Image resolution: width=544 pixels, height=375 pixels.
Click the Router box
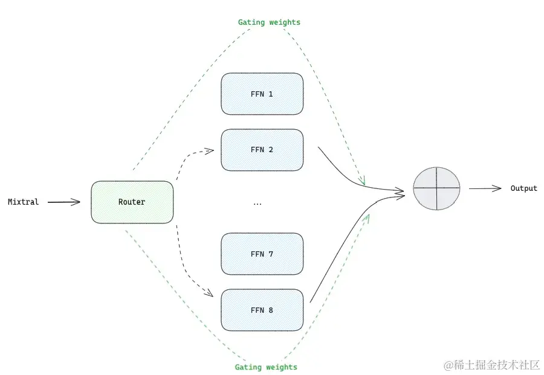(132, 202)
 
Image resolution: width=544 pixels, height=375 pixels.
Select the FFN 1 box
(262, 94)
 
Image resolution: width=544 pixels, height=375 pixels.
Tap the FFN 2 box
(262, 150)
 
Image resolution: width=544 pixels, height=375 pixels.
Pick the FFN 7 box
(262, 254)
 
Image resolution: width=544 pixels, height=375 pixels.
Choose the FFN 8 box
(262, 310)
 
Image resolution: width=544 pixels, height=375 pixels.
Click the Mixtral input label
(23, 202)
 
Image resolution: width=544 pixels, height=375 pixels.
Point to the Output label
(523, 188)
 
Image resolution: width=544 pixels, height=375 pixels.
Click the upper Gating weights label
(269, 22)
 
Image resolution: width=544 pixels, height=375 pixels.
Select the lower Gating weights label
(266, 367)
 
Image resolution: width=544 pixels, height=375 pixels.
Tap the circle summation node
(436, 188)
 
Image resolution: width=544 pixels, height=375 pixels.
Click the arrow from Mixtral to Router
(63, 202)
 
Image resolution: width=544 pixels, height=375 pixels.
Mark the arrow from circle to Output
(485, 188)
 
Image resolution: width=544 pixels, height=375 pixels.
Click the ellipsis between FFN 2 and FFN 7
(257, 203)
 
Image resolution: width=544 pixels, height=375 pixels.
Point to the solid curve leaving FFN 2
(351, 175)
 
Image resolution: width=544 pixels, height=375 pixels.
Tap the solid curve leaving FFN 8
(338, 254)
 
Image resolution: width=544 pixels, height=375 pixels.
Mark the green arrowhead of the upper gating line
(363, 182)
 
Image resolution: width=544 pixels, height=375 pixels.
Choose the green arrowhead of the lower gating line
(366, 217)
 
